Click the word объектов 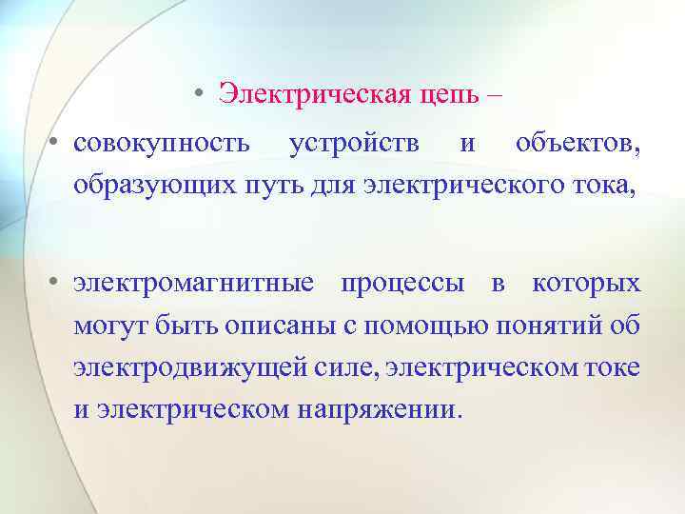click(577, 145)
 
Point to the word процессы click(403, 285)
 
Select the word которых click(586, 285)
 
